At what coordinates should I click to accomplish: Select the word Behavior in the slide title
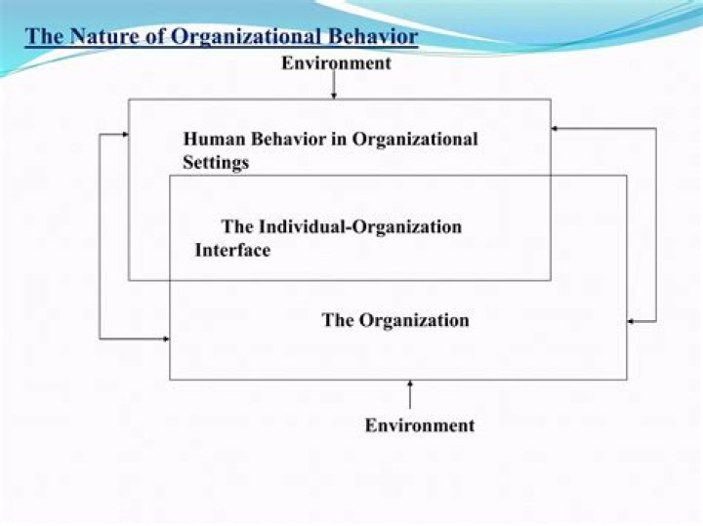(376, 37)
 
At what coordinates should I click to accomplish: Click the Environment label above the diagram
(336, 63)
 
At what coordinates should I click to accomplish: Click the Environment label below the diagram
(420, 425)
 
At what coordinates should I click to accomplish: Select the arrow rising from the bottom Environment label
(410, 394)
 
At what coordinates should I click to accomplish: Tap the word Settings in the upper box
(216, 162)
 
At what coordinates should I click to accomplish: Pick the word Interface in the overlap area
(232, 250)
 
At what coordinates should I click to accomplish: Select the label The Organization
(395, 320)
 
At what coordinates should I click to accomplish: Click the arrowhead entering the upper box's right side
(556, 128)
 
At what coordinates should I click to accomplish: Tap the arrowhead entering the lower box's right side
(632, 321)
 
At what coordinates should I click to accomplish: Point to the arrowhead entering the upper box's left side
(124, 134)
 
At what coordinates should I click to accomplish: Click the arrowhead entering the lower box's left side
(165, 339)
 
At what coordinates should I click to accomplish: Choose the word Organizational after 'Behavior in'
(415, 139)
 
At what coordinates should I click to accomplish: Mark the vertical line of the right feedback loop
(656, 224)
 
